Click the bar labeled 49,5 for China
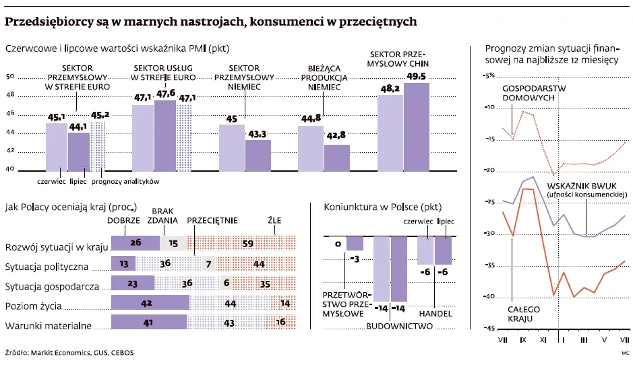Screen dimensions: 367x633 click(416, 126)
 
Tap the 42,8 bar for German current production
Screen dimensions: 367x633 click(336, 157)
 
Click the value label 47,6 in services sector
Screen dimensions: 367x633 click(166, 94)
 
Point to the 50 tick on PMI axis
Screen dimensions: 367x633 click(10, 77)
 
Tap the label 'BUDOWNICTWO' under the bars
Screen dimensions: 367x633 click(399, 326)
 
